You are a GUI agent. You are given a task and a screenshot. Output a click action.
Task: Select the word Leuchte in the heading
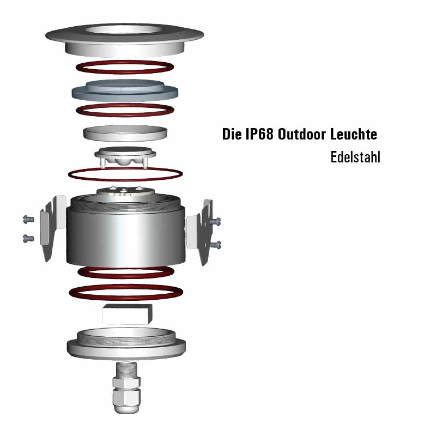click(x=354, y=134)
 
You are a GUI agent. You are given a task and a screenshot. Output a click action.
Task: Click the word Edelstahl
click(x=355, y=157)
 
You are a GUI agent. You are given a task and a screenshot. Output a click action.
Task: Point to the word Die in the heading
click(x=232, y=134)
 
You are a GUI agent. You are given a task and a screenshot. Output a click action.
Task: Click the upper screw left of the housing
click(x=28, y=220)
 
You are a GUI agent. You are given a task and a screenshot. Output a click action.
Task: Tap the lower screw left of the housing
click(x=28, y=238)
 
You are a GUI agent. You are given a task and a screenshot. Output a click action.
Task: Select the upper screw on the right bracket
click(x=215, y=222)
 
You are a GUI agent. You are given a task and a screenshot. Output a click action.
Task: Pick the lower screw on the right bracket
click(x=216, y=245)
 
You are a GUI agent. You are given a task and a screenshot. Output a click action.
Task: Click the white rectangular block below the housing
click(x=127, y=314)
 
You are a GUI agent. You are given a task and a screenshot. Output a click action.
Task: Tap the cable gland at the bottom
click(x=126, y=387)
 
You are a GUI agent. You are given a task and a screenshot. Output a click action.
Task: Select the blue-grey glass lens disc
click(x=125, y=90)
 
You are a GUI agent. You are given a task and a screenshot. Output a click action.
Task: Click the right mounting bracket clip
click(x=199, y=232)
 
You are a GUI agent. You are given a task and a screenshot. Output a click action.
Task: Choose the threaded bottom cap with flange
click(x=126, y=343)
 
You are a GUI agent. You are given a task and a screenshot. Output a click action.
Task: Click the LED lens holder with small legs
click(x=125, y=157)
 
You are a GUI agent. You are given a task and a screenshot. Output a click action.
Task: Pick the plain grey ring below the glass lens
click(x=125, y=133)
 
